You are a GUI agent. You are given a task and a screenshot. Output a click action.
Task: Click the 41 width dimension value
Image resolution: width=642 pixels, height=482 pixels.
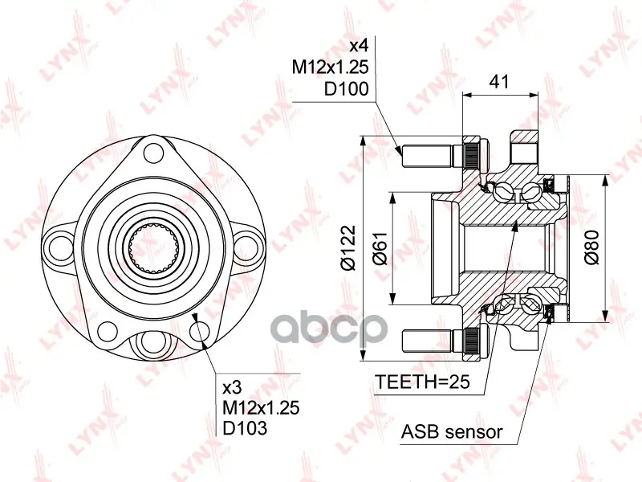coord(499,82)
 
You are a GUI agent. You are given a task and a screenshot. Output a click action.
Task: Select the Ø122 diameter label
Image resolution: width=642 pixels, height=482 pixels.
coord(349,247)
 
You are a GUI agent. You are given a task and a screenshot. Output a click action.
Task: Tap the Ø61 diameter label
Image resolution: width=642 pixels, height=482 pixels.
coord(380,248)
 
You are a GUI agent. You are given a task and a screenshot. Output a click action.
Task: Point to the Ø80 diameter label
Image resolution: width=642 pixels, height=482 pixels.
coord(591,247)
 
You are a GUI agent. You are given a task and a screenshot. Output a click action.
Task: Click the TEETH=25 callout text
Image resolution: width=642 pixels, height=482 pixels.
coord(423,382)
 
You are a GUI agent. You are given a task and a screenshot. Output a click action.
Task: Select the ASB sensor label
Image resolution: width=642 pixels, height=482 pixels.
coord(452,431)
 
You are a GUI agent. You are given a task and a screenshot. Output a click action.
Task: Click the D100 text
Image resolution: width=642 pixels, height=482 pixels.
coord(347,88)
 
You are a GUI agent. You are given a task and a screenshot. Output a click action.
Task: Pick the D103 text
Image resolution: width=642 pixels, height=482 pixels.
coord(245,428)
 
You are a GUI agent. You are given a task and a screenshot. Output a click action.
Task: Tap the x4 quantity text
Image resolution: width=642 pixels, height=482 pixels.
coord(359,46)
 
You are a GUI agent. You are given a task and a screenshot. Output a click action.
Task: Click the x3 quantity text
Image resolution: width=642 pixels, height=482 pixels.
coord(232,387)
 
